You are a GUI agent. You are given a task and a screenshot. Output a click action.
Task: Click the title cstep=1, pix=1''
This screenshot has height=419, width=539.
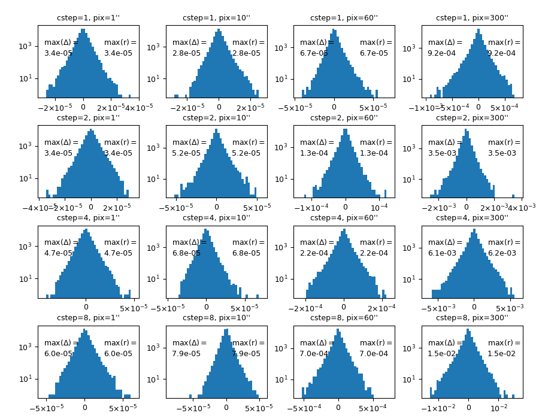pyautogui.click(x=88, y=18)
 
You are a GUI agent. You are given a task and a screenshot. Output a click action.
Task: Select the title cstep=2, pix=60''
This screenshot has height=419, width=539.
pyautogui.click(x=344, y=118)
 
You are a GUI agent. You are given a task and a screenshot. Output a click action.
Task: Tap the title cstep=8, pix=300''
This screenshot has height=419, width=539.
pyautogui.click(x=472, y=318)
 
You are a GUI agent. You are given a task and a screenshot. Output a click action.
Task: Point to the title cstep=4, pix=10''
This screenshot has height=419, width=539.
pyautogui.click(x=216, y=218)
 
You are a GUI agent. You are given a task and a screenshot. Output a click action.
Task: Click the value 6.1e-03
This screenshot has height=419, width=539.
pyautogui.click(x=440, y=253)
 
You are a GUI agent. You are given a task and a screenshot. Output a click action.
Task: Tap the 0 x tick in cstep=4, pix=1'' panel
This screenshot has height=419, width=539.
pyautogui.click(x=86, y=308)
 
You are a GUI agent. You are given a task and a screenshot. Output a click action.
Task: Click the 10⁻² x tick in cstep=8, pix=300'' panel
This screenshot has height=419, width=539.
pyautogui.click(x=499, y=408)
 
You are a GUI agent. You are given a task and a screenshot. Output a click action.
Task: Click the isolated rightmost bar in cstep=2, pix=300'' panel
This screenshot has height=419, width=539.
pyautogui.click(x=513, y=196)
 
